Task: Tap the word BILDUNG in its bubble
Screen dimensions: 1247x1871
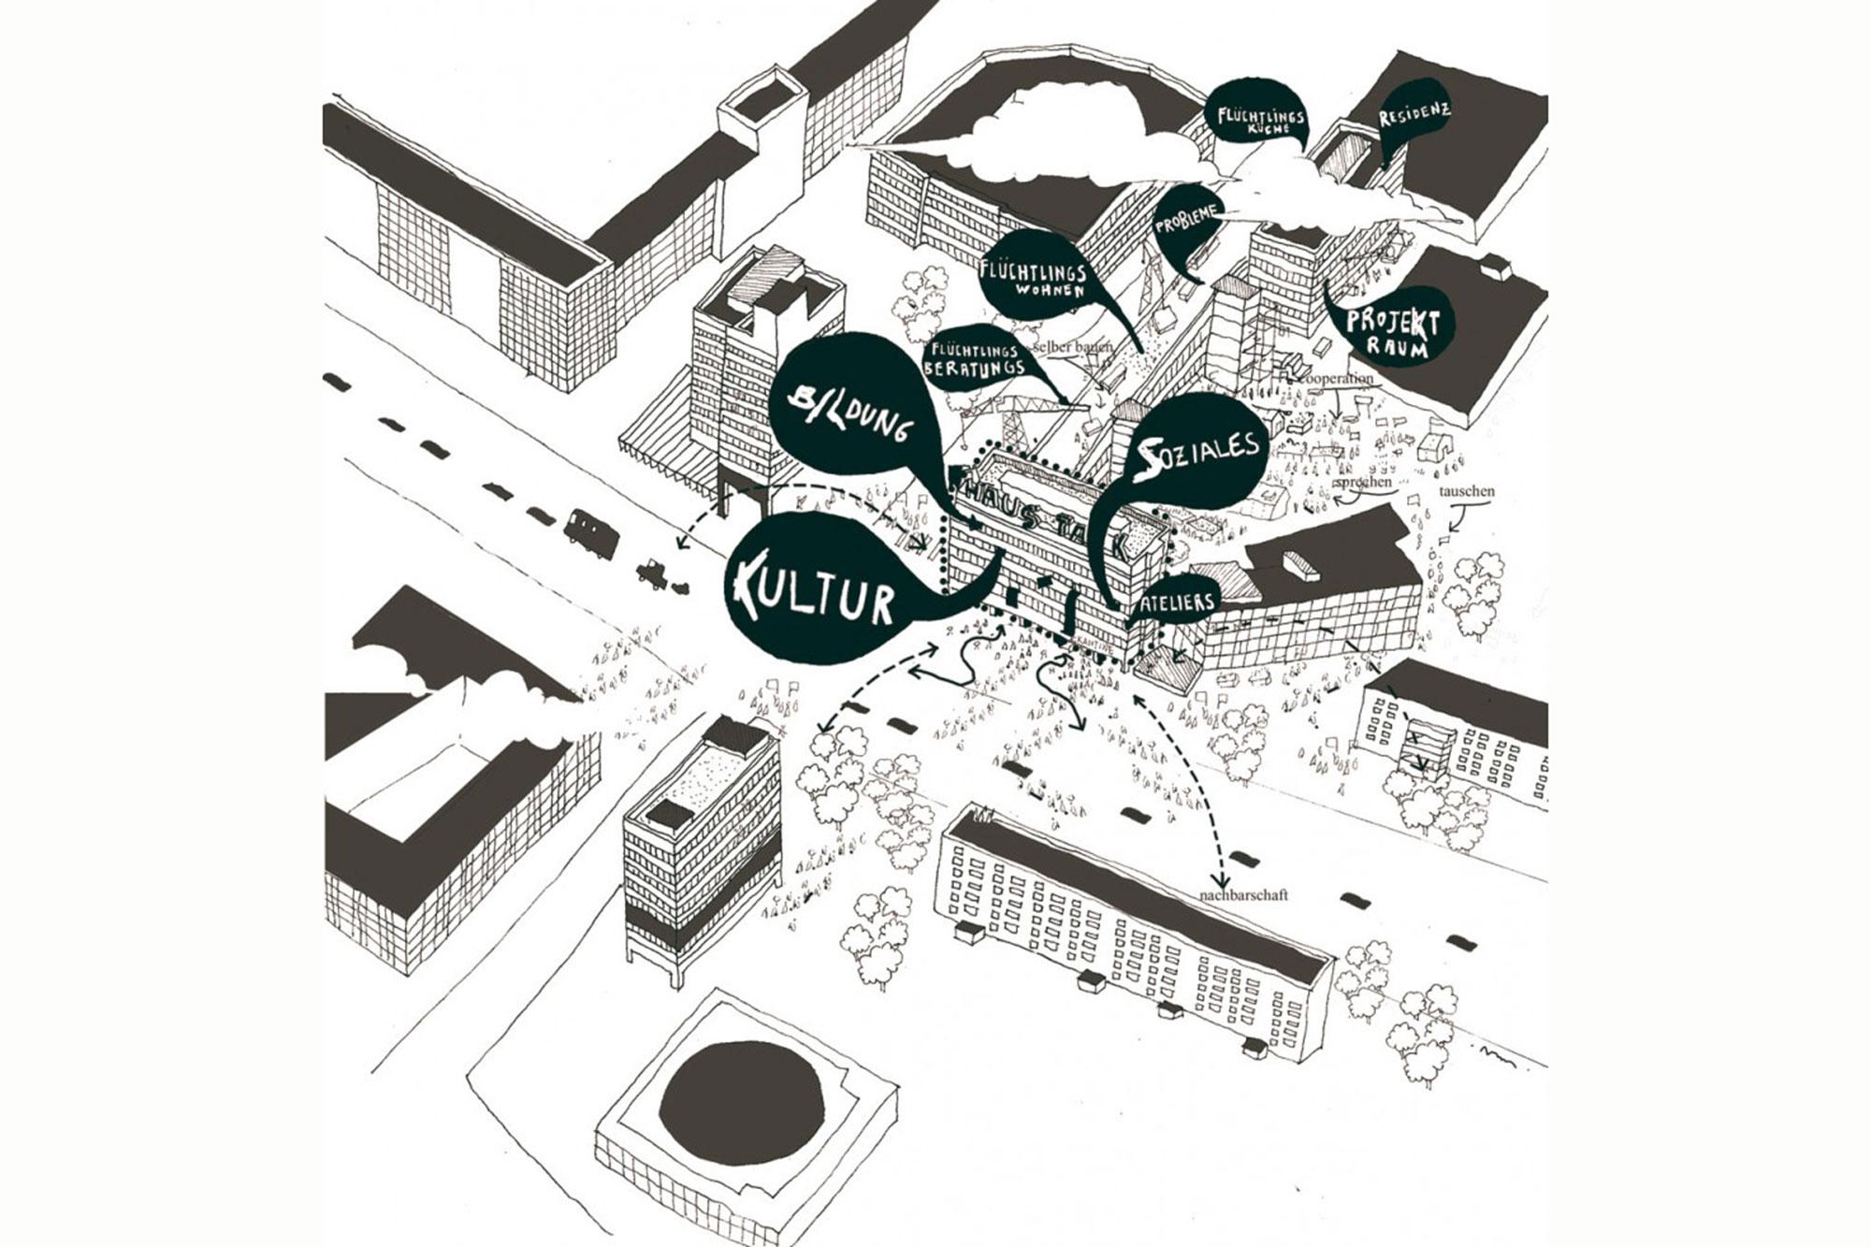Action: (x=850, y=416)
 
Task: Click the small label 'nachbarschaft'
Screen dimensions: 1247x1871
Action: (x=1241, y=895)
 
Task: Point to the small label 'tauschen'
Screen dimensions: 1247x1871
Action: (x=1466, y=491)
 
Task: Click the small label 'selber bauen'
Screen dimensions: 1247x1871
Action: (x=1074, y=346)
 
